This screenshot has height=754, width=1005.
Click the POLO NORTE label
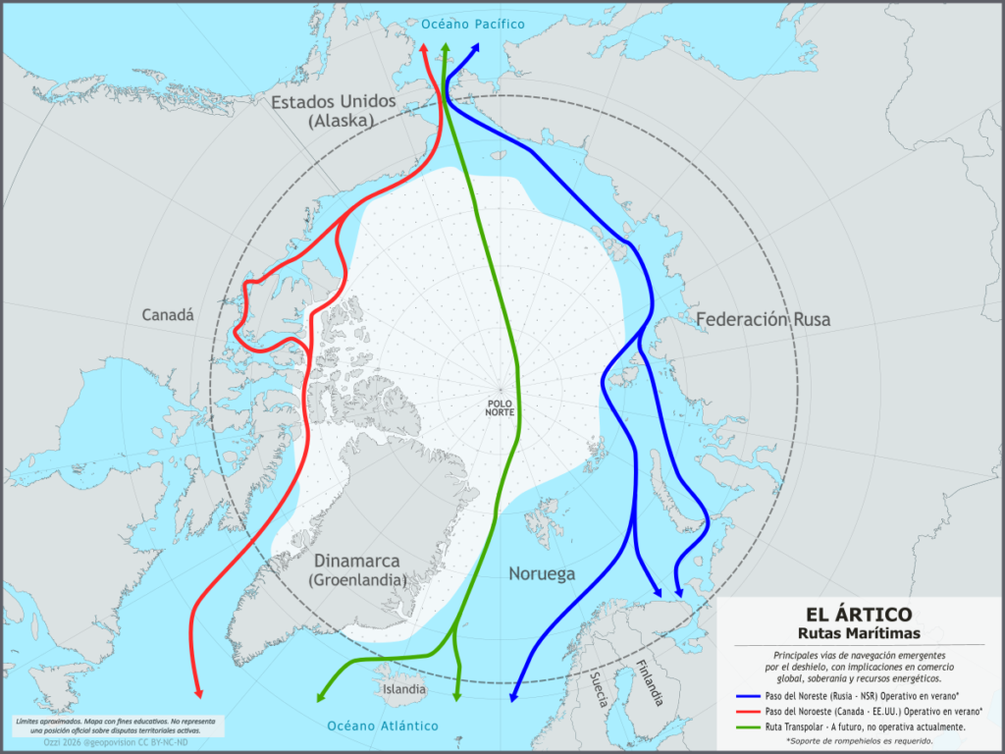pyautogui.click(x=500, y=407)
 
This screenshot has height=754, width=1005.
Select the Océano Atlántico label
pyautogui.click(x=382, y=726)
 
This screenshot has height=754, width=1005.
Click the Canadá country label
pyautogui.click(x=168, y=315)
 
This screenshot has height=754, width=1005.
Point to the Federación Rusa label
pyautogui.click(x=763, y=319)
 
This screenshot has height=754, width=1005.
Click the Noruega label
pyautogui.click(x=541, y=573)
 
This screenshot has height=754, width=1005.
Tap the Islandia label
pyautogui.click(x=404, y=689)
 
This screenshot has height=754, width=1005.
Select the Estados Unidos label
pyautogui.click(x=333, y=102)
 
